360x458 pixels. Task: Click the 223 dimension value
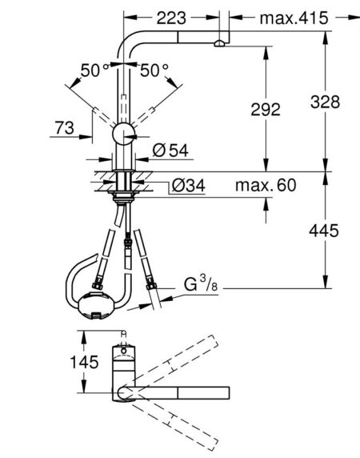pyautogui.click(x=171, y=18)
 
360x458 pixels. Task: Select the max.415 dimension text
pyautogui.click(x=294, y=18)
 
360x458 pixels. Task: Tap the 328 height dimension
pyautogui.click(x=325, y=102)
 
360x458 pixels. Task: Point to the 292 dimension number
pyautogui.click(x=266, y=110)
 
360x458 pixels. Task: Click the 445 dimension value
pyautogui.click(x=324, y=231)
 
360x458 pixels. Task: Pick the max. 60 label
pyautogui.click(x=266, y=185)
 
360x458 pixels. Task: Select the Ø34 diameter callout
pyautogui.click(x=189, y=185)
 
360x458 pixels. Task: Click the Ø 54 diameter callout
pyautogui.click(x=170, y=151)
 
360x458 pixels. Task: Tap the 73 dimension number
pyautogui.click(x=65, y=128)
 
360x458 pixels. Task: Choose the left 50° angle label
pyautogui.click(x=94, y=70)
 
